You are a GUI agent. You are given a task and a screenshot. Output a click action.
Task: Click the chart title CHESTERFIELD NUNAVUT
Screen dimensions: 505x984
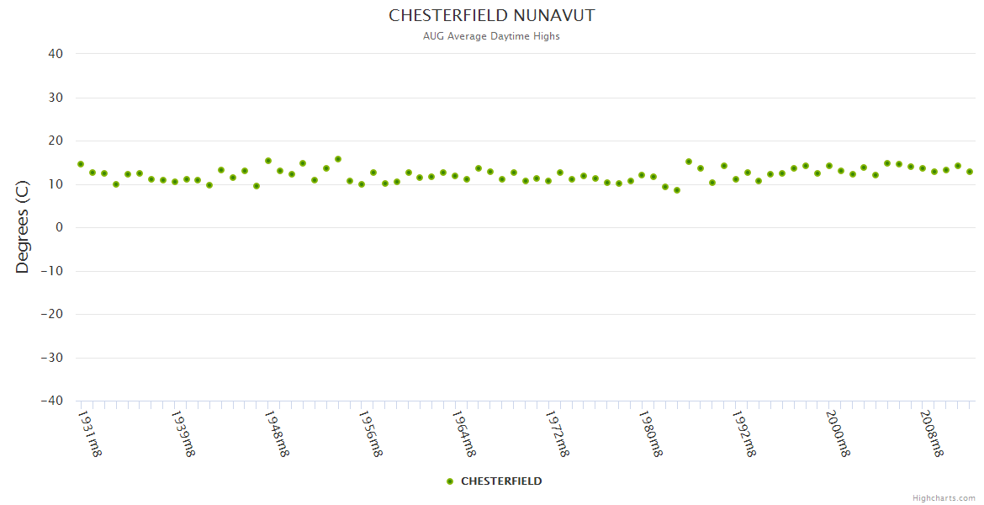[492, 16]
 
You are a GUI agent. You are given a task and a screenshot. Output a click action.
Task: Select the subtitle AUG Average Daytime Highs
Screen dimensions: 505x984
[492, 36]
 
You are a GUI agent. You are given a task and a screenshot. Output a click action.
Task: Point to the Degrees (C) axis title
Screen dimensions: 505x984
[23, 227]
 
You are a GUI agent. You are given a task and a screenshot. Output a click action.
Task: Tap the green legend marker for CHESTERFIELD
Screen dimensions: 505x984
[450, 481]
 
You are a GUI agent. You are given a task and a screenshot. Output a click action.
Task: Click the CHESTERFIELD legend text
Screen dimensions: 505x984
[501, 481]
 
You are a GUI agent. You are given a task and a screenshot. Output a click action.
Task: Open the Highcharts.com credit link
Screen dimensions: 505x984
[944, 498]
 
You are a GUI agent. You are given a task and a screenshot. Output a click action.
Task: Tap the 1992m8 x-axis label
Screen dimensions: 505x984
[743, 433]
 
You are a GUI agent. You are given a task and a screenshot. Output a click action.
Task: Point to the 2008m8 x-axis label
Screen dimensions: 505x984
[930, 433]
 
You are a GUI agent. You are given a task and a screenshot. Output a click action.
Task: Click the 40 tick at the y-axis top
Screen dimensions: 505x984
[56, 54]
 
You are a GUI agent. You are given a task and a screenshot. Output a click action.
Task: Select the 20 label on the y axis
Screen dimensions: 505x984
[56, 141]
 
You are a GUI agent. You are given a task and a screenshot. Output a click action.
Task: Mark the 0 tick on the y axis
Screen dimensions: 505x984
[59, 227]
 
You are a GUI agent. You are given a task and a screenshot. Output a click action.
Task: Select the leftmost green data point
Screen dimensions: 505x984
[81, 164]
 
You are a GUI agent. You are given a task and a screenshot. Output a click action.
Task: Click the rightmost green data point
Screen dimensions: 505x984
[970, 172]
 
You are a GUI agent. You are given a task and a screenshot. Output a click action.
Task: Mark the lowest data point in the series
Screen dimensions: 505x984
[677, 190]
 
